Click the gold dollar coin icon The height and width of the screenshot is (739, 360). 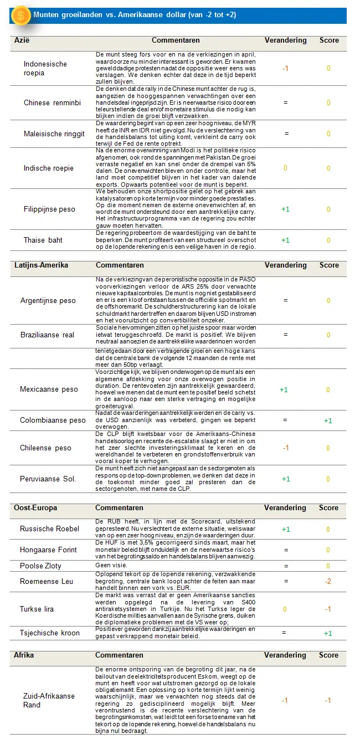(21, 16)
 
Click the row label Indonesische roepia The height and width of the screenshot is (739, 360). (45, 68)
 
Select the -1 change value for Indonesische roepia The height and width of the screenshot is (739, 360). (285, 68)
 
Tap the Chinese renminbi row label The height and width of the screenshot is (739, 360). (52, 102)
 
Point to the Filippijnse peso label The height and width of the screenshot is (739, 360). (49, 209)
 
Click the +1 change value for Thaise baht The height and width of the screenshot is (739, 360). (285, 240)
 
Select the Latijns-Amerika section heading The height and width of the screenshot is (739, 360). (41, 265)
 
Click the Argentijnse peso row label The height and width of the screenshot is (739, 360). (48, 300)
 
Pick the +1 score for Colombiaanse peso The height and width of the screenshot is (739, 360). (328, 420)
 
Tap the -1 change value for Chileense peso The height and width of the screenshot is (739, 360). (285, 448)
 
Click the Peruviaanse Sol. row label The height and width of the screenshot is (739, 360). (48, 479)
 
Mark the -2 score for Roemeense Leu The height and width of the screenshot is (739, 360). (328, 581)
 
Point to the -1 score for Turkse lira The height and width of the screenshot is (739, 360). (328, 609)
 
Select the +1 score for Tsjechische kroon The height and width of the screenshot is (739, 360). (328, 633)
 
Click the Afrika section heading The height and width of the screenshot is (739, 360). (24, 655)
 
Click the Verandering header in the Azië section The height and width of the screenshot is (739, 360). (285, 40)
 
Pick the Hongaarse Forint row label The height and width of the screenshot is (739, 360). (49, 550)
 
